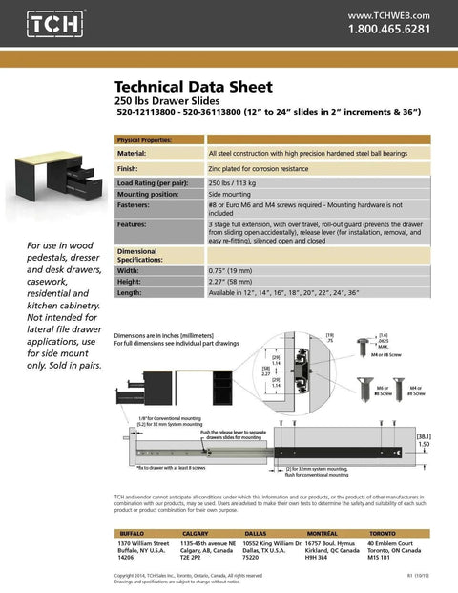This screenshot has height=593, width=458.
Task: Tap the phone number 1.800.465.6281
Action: pos(389,30)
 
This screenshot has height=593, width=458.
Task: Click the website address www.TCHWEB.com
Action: pos(389,15)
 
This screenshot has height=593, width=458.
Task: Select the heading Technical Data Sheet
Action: pos(193,87)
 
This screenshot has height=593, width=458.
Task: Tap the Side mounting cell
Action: pos(232,194)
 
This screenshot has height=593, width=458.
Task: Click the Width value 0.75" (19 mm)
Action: pos(235,270)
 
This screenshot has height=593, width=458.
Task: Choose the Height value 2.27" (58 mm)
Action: pos(235,282)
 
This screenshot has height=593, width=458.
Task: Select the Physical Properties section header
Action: pos(144,140)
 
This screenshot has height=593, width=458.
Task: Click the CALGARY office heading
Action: pos(195,533)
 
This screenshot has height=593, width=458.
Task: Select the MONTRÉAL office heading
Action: pos(322,533)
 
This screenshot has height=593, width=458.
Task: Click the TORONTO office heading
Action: pos(383,533)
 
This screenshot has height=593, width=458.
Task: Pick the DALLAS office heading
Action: pos(255,533)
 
